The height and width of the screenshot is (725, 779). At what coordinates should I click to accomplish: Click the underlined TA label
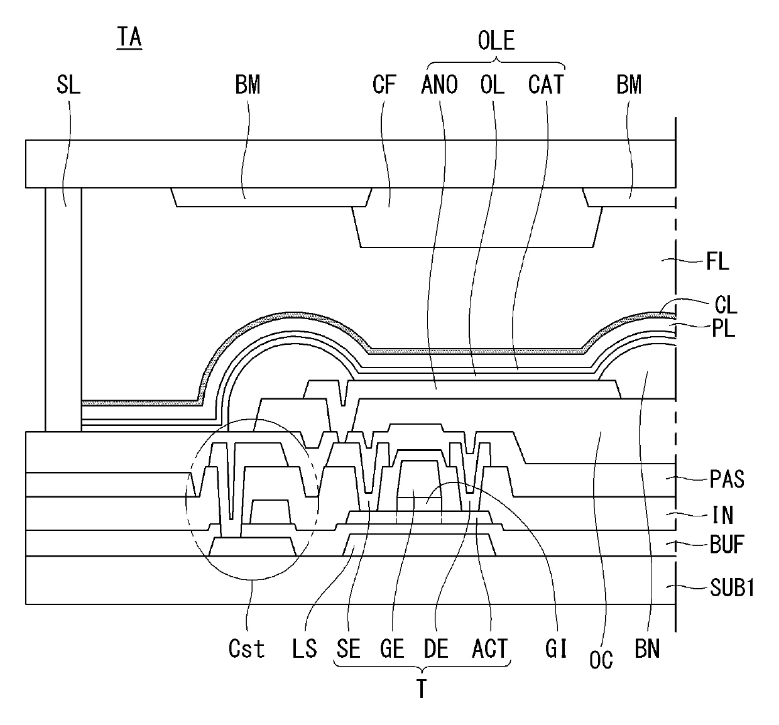[129, 38]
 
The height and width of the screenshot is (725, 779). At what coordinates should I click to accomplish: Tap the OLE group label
[496, 41]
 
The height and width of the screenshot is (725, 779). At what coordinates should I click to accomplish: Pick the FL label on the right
[717, 261]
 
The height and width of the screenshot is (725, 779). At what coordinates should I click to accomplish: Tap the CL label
[726, 305]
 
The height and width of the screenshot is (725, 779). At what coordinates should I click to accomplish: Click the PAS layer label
[727, 479]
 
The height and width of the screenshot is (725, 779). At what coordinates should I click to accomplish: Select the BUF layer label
[727, 544]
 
